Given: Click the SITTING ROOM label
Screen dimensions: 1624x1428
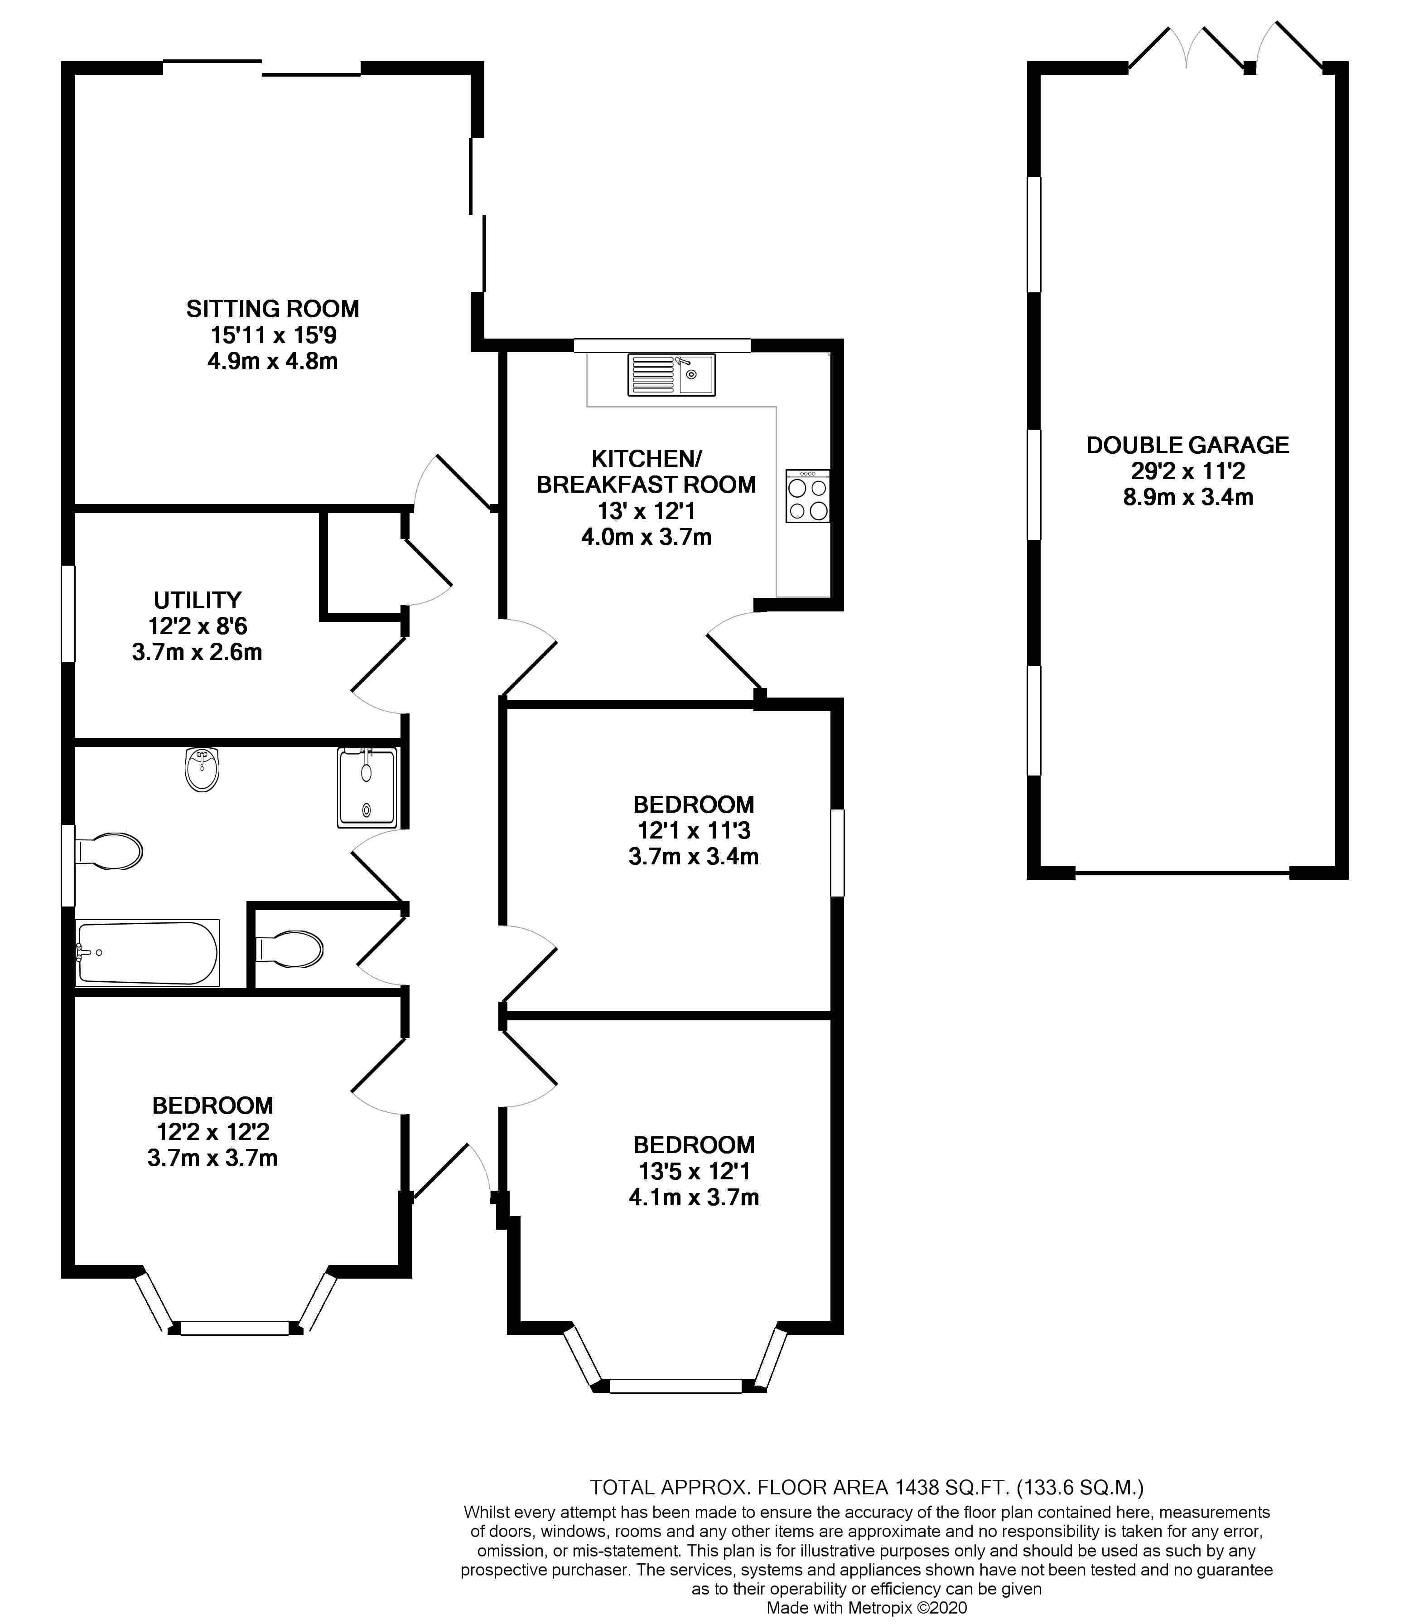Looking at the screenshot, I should coord(272,308).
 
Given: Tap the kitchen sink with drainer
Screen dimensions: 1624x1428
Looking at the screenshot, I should coord(671,375).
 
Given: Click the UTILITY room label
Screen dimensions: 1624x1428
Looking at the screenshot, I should coord(197,600).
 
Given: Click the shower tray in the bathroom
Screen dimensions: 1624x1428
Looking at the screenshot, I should coord(366,786).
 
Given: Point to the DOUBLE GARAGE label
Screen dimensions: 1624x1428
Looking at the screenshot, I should coord(1187,445).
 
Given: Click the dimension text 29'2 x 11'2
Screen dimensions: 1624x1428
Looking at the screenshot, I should coord(1187,471).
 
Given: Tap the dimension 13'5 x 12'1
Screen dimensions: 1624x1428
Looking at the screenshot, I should coord(693,1171).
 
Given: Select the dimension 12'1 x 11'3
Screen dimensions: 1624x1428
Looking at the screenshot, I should coord(693,830).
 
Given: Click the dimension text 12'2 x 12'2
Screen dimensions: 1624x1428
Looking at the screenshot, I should coord(212,1131).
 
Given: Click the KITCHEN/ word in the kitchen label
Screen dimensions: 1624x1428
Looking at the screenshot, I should coord(646,458).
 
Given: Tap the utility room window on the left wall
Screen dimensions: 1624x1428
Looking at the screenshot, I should coord(68,613).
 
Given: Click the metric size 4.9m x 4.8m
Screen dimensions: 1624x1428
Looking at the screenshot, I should coord(272,361).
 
